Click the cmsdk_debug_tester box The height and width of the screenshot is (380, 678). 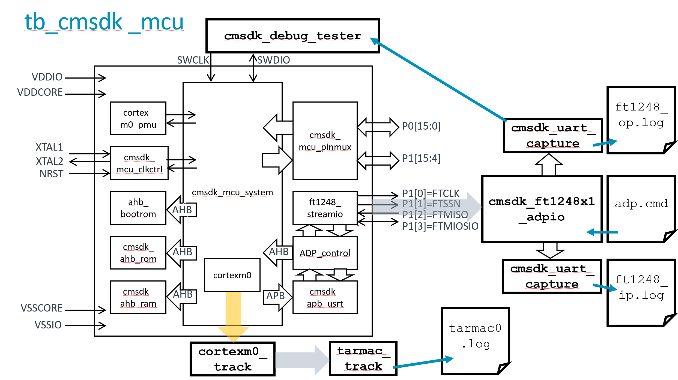(x=292, y=36)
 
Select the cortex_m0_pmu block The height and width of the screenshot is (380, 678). (x=138, y=118)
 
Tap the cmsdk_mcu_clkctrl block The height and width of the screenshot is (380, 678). (x=139, y=163)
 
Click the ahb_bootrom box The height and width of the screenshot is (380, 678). (x=138, y=208)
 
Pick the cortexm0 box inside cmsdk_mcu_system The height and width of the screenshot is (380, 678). (x=232, y=275)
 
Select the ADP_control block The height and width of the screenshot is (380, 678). (x=325, y=253)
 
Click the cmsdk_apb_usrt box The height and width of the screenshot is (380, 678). (x=325, y=297)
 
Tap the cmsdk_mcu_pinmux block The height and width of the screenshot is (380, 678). (x=325, y=141)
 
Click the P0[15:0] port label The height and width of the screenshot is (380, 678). (x=421, y=126)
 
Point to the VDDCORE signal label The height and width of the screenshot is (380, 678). (x=40, y=92)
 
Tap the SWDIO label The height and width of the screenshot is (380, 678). (x=274, y=60)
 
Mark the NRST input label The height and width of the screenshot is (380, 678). (x=51, y=174)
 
